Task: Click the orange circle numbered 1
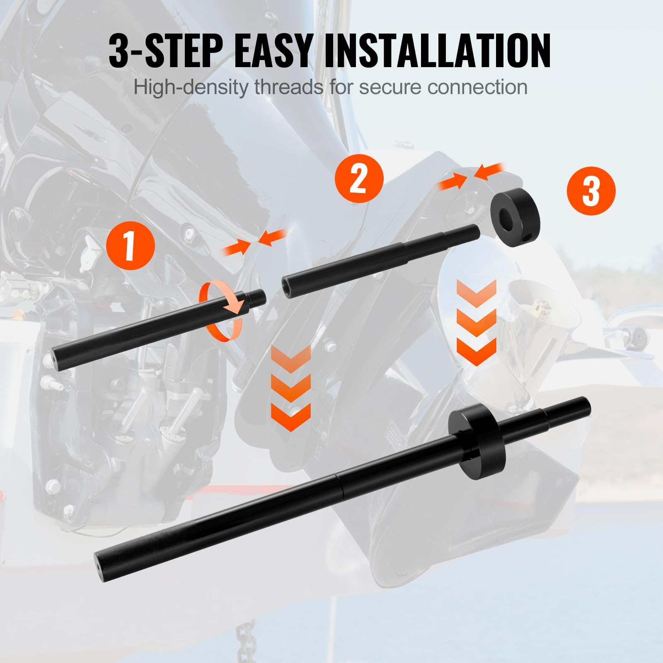point(130,246)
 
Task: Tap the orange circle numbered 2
point(359,179)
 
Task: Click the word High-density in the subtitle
point(191,87)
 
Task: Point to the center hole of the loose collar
point(506,215)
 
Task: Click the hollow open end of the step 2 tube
point(286,286)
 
